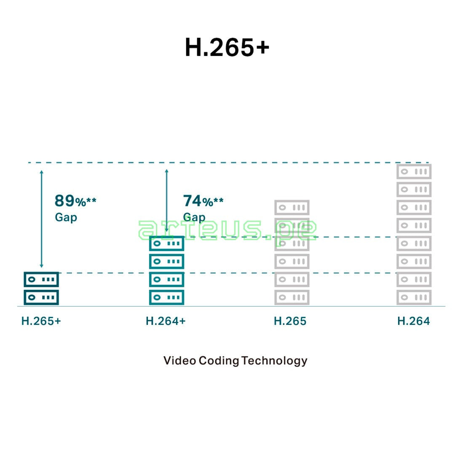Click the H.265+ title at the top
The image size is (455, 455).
point(227,47)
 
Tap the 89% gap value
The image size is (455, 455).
point(75,201)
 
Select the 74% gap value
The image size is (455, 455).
point(203,201)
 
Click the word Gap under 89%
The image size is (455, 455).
point(66,217)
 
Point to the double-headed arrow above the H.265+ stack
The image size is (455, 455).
point(41,219)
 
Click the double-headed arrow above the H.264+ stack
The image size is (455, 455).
point(166,201)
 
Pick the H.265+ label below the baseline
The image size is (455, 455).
point(41,321)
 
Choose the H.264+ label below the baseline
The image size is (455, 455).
point(166,321)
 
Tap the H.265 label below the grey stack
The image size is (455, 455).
point(290,321)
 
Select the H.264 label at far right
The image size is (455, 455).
point(414,321)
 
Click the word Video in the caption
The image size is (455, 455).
point(179,360)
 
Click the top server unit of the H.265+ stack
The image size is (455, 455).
point(41,279)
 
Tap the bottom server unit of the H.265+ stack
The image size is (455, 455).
point(41,297)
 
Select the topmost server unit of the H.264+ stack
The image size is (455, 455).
point(166,244)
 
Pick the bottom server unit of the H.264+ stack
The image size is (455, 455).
point(166,297)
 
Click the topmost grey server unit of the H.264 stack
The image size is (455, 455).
point(414,171)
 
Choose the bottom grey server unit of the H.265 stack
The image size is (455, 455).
point(292,297)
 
